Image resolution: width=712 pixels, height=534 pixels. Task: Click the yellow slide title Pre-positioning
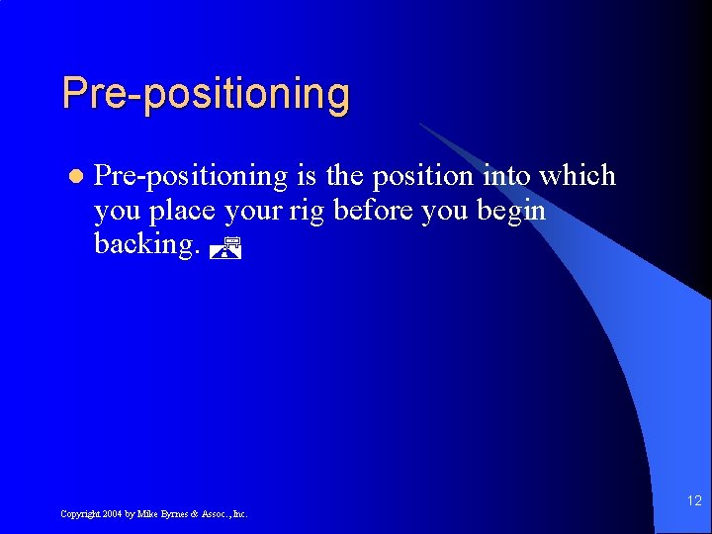click(206, 94)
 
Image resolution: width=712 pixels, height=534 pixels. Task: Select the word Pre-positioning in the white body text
click(190, 176)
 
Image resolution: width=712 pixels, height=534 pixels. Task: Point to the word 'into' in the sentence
click(505, 176)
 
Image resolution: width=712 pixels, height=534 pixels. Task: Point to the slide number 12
click(694, 501)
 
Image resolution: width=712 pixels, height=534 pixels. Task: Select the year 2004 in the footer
click(116, 514)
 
